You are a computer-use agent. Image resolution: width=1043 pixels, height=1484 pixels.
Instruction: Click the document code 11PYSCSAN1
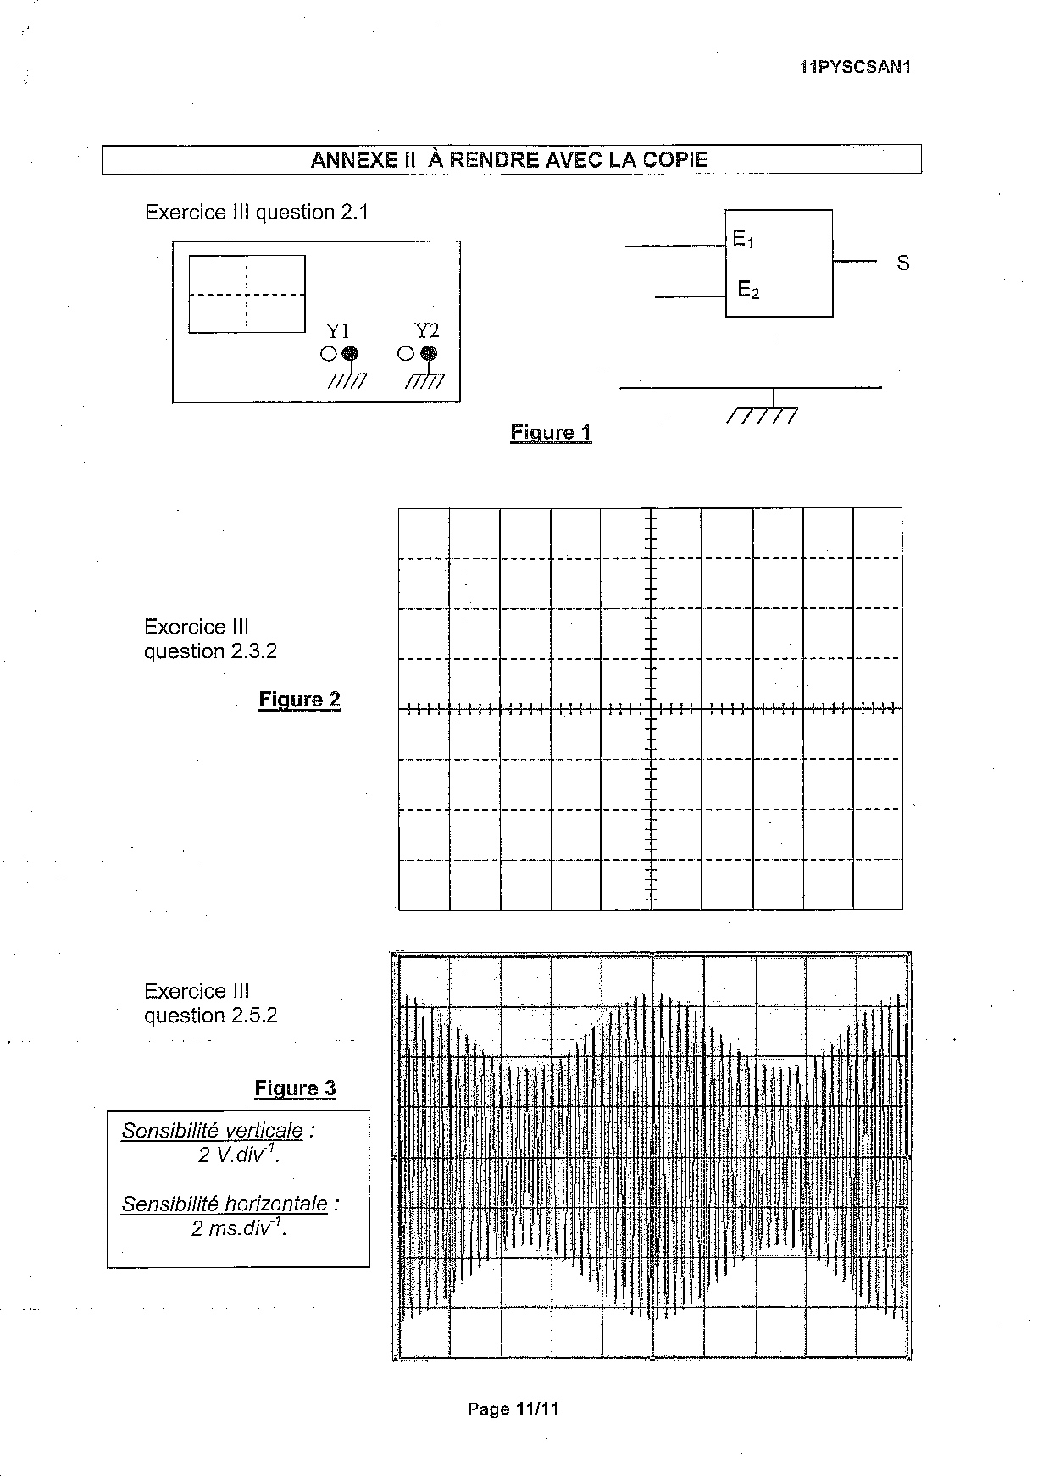tap(855, 68)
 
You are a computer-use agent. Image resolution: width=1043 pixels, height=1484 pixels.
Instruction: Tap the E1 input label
tap(743, 240)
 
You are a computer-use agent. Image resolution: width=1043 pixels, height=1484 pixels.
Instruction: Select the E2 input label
tap(748, 291)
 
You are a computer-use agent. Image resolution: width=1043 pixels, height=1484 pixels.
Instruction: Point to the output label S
tap(903, 263)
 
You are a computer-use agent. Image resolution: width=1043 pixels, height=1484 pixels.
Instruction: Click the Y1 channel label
tap(338, 331)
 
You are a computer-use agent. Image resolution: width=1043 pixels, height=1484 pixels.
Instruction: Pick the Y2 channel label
tap(426, 330)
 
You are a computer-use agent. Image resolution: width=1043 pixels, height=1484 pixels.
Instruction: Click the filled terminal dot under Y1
tap(349, 354)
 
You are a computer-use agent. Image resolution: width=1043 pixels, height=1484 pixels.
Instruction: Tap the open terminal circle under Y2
tap(405, 354)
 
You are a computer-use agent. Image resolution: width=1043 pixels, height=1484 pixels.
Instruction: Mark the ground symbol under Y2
tap(424, 380)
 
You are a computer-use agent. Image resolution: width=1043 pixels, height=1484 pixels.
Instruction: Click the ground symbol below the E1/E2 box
tap(763, 415)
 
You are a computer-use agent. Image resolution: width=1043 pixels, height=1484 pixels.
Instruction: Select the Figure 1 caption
tap(551, 433)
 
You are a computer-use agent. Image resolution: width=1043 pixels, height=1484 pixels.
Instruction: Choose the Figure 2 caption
tap(299, 700)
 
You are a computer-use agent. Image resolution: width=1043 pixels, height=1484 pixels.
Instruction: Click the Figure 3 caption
tap(295, 1088)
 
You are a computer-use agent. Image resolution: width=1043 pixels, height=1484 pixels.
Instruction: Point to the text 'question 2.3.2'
tap(210, 651)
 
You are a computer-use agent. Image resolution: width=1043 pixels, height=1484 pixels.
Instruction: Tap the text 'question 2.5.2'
tap(210, 1016)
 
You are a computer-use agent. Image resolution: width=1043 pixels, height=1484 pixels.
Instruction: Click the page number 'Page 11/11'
tap(513, 1409)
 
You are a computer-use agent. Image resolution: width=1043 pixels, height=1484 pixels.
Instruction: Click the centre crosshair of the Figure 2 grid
tap(651, 709)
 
